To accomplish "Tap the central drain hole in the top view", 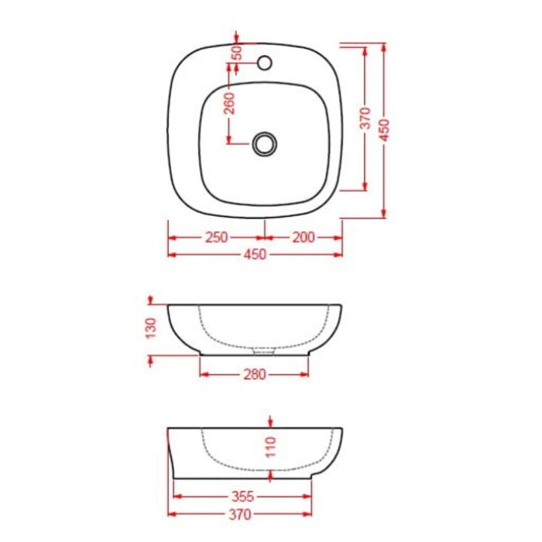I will click(265, 143).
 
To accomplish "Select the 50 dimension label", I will click(238, 53).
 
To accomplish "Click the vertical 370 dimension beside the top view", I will click(365, 118).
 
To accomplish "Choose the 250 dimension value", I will click(216, 237).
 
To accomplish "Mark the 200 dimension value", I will click(304, 237).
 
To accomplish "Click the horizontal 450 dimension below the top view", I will click(255, 254).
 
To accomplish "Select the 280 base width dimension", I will click(255, 375).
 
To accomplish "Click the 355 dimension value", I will click(243, 496).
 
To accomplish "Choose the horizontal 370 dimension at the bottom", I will click(243, 513).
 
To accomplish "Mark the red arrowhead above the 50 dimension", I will click(238, 36).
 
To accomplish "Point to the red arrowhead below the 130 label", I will click(151, 358).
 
